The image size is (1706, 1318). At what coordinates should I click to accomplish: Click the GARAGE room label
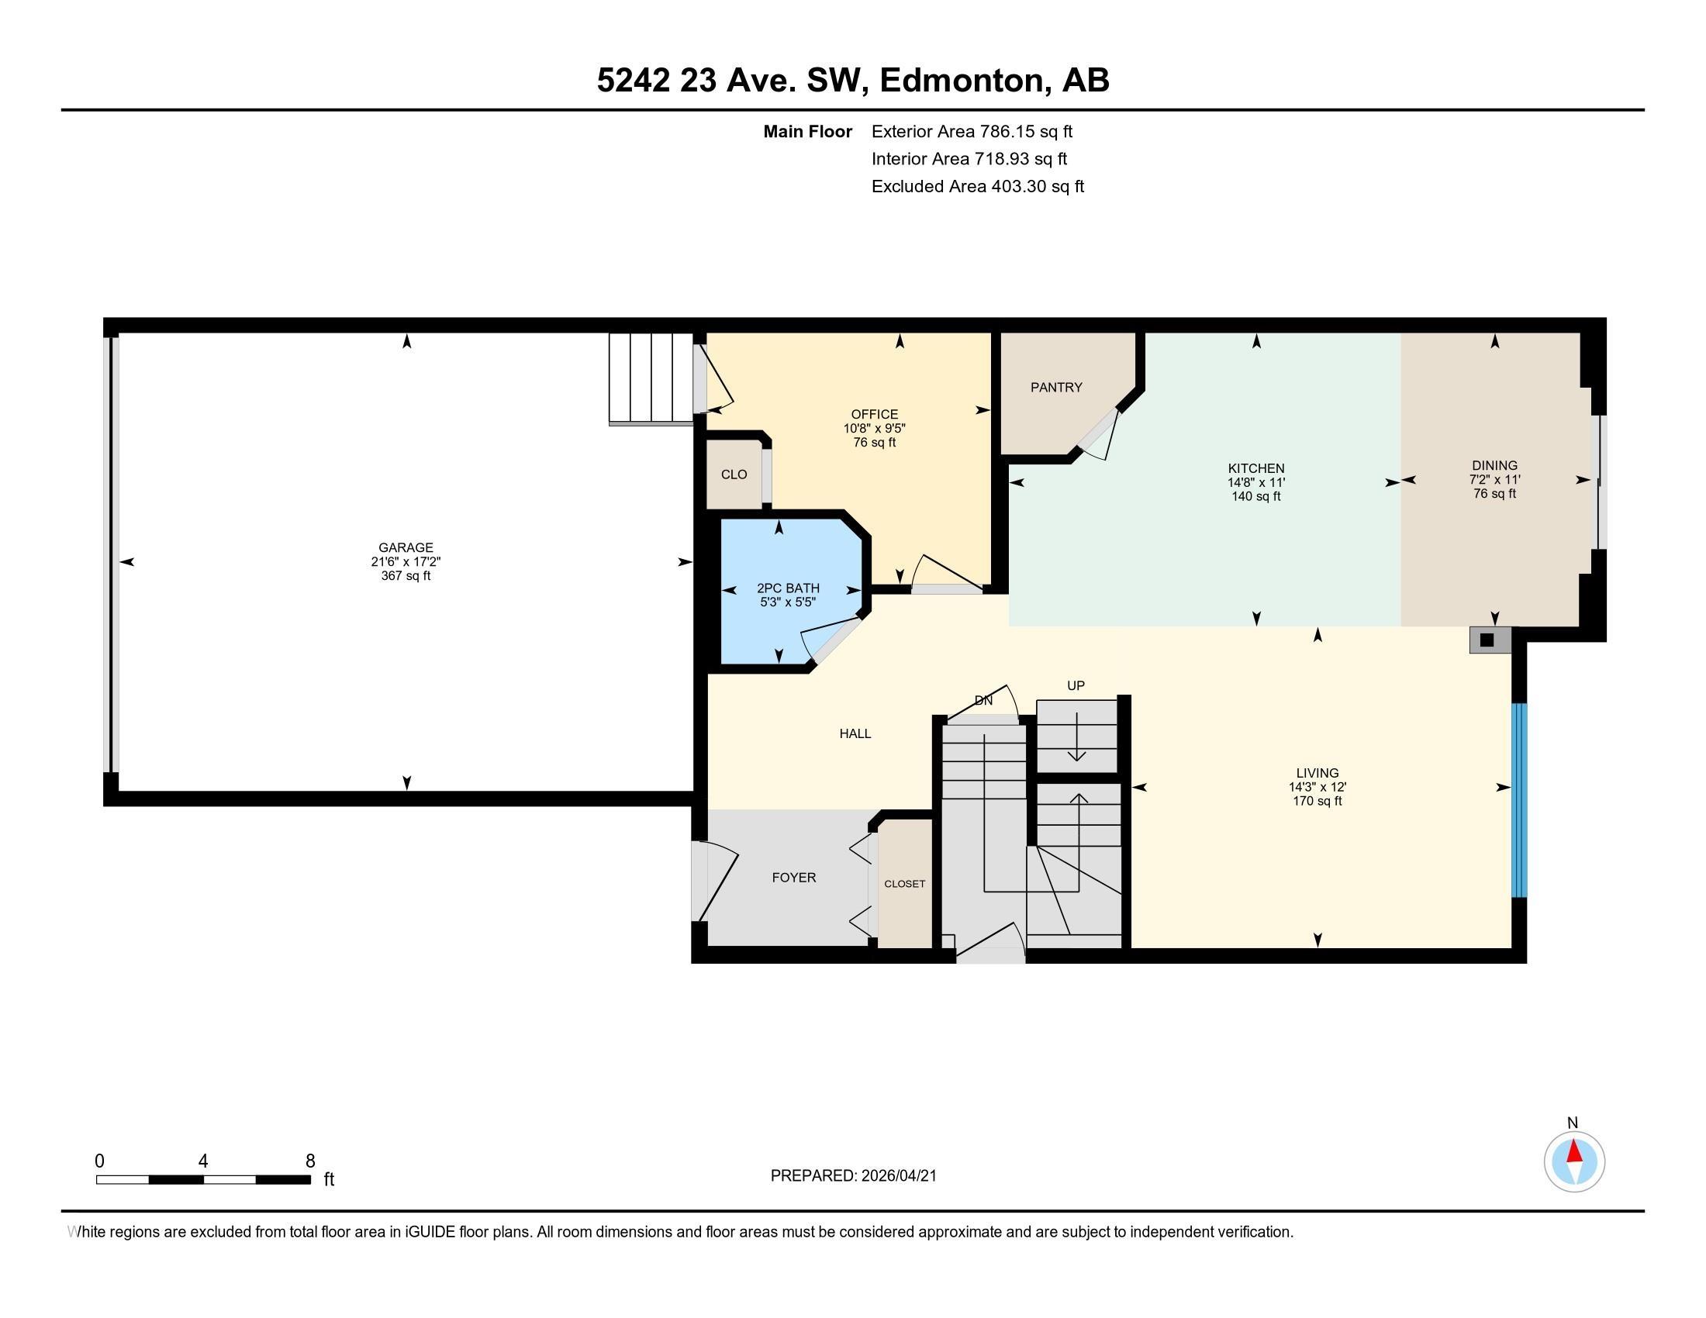coord(406,547)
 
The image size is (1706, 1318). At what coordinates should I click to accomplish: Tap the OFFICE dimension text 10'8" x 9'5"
coord(874,429)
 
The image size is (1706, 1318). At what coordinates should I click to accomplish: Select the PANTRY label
coord(1056,388)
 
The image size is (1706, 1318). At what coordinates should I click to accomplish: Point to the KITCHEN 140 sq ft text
coord(1255,497)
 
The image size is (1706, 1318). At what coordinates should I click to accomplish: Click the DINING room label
coord(1494,465)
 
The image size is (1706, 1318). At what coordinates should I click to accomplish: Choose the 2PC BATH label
coord(787,588)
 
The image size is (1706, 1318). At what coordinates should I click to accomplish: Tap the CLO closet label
coord(734,474)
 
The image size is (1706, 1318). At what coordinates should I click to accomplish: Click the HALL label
coord(855,733)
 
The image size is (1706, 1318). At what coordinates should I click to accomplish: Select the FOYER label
coord(793,878)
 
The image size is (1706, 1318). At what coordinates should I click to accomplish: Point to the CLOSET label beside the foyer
coord(904,884)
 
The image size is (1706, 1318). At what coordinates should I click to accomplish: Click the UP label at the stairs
coord(1076,685)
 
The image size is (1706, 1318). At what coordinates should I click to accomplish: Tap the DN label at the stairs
coord(983,700)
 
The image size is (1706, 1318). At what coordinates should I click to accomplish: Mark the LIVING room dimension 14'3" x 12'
coord(1317,787)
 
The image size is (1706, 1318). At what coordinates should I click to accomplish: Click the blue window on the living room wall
coord(1518,800)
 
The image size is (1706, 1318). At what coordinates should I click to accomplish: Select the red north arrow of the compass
coord(1574,1151)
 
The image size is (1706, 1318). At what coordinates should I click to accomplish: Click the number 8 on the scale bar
coord(310,1161)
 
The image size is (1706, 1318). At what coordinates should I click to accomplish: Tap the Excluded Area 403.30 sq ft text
coord(977,187)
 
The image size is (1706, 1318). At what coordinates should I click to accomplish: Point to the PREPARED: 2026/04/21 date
coord(853,1176)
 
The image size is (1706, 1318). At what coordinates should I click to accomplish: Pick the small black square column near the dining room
coord(1487,640)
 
